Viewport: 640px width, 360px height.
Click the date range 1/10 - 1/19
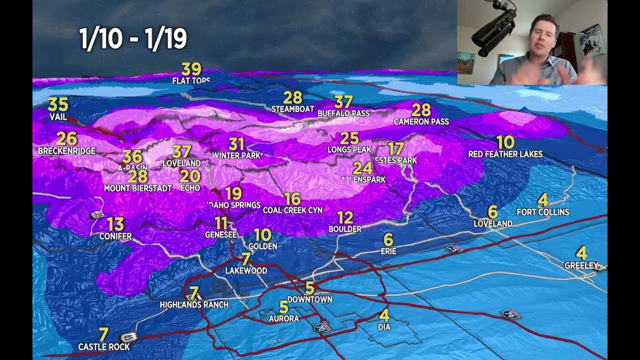point(133,39)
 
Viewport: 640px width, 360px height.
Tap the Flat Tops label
point(191,80)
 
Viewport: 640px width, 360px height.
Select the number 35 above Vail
point(58,104)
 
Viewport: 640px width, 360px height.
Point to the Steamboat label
point(292,108)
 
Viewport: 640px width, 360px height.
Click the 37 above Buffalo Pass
point(343,102)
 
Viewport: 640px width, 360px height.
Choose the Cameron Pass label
point(421,121)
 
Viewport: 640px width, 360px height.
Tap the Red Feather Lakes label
point(505,154)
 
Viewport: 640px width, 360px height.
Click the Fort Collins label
point(542,212)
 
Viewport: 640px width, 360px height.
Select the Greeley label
point(581,265)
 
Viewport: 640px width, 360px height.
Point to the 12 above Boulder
point(345,217)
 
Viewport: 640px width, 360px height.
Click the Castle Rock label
point(104,346)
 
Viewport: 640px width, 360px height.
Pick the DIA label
point(384,327)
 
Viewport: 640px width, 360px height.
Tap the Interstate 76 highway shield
point(511,314)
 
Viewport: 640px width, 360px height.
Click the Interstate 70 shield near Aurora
point(319,327)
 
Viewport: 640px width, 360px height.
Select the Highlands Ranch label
point(194,304)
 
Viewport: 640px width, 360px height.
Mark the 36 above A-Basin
point(132,156)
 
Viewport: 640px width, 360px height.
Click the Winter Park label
point(236,155)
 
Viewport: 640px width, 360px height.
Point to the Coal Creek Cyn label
point(292,210)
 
